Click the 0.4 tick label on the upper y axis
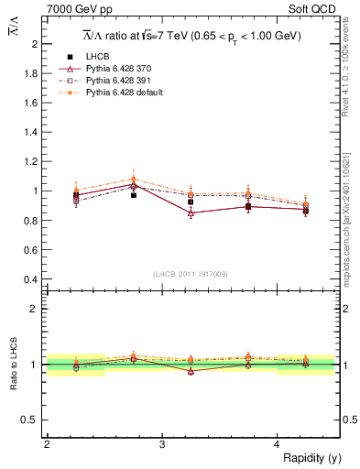tap(32, 279)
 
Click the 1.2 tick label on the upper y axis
tap(32, 161)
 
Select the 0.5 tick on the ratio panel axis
tap(32, 420)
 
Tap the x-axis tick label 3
tap(162, 444)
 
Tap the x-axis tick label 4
tap(278, 444)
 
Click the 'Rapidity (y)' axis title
tap(311, 458)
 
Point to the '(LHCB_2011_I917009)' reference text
tap(191, 274)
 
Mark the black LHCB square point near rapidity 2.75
tap(134, 195)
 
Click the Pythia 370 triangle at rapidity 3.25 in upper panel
tap(191, 213)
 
